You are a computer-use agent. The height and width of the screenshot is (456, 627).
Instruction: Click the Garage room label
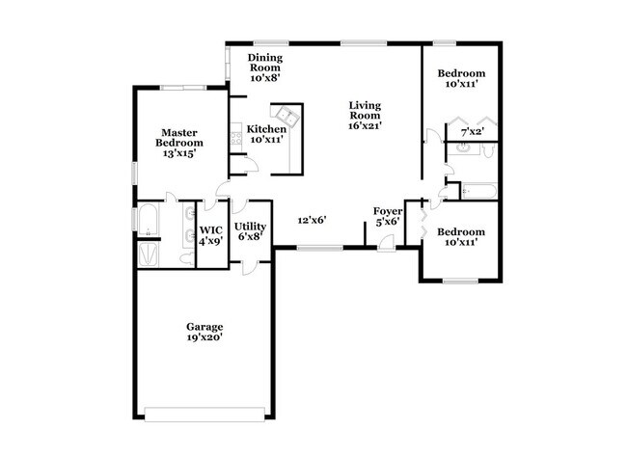click(205, 326)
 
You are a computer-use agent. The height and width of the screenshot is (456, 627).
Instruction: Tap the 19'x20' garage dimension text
click(205, 337)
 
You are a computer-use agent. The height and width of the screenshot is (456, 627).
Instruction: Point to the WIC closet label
click(210, 229)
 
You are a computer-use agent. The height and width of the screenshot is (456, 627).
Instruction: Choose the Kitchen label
click(266, 129)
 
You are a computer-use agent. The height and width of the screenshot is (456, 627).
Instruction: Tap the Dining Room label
click(265, 62)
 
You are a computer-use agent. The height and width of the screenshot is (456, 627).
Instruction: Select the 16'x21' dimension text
click(366, 124)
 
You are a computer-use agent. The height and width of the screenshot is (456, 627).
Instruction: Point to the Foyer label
click(388, 210)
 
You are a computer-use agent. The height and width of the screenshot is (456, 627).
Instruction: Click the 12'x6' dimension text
click(312, 220)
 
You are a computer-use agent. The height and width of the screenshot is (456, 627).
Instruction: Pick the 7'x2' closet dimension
click(472, 131)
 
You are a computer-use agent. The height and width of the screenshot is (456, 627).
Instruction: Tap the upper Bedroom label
click(461, 73)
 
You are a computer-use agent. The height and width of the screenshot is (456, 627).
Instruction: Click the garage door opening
click(204, 416)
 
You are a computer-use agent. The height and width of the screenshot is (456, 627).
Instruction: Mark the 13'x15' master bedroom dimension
click(181, 153)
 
